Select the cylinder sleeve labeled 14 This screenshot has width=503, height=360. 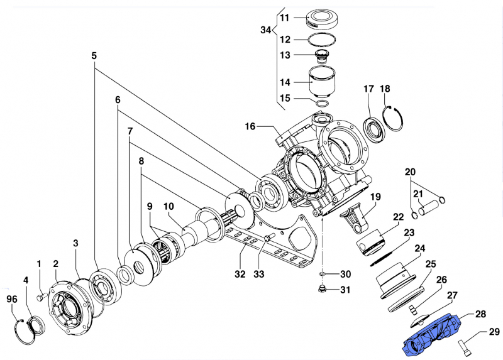tap(324, 80)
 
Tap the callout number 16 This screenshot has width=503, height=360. tap(250, 126)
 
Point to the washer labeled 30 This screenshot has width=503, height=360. tap(321, 275)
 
